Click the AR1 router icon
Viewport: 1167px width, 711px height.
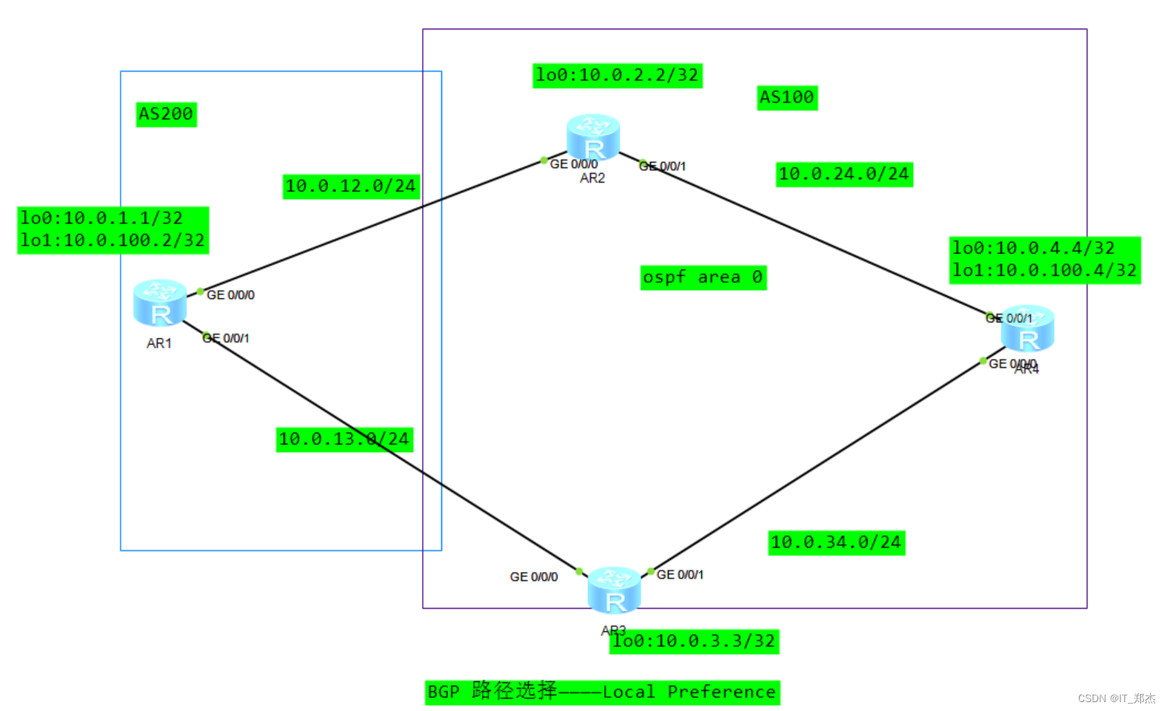click(x=160, y=304)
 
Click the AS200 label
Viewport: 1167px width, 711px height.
click(x=166, y=114)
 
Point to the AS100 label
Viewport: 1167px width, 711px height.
click(x=786, y=97)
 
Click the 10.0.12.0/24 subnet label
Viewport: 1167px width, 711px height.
click(x=351, y=186)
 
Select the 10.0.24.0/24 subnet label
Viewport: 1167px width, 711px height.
click(x=843, y=174)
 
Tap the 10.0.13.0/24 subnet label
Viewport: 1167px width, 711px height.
click(x=344, y=439)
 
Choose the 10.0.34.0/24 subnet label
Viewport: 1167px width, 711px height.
click(x=836, y=542)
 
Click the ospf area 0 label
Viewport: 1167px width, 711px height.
click(x=703, y=277)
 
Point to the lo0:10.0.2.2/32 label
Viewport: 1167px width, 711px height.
click(x=617, y=75)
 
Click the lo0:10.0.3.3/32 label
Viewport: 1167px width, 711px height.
click(x=694, y=641)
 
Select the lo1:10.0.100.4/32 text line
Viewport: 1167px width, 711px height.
click(x=1044, y=271)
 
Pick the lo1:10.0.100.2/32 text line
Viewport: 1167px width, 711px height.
click(x=113, y=240)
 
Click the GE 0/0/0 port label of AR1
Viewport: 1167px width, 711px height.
click(x=230, y=295)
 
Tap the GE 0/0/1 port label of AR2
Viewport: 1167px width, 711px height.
click(x=663, y=166)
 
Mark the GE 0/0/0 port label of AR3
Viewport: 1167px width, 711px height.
click(x=533, y=577)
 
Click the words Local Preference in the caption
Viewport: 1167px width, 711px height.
click(x=689, y=693)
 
